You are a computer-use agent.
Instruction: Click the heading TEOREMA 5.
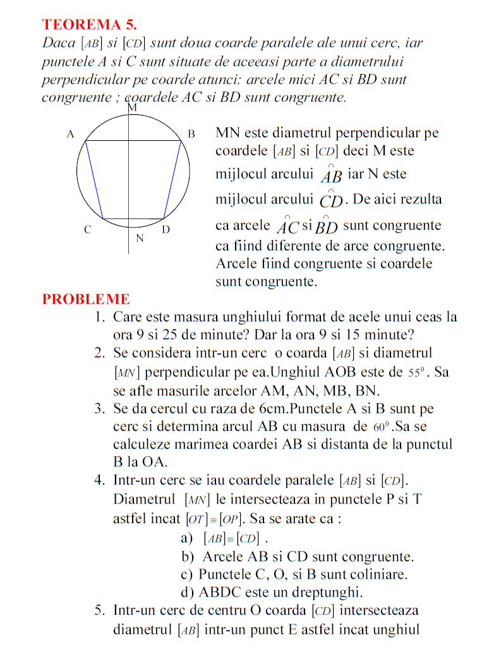pos(89,25)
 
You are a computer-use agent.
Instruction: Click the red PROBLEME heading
pos(86,299)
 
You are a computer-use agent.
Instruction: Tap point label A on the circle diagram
pos(71,135)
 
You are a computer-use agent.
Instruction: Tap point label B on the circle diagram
pos(191,135)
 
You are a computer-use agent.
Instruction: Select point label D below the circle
pos(166,230)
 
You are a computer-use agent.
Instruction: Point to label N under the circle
pos(140,239)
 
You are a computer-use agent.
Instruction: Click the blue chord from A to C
pos(94,180)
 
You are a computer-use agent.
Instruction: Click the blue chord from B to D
pos(172,180)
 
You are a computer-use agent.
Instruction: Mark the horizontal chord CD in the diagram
pos(133,219)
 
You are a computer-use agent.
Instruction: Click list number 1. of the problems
pos(100,317)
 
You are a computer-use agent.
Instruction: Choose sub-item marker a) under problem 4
pos(186,539)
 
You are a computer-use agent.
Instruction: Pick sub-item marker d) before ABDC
pos(187,593)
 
